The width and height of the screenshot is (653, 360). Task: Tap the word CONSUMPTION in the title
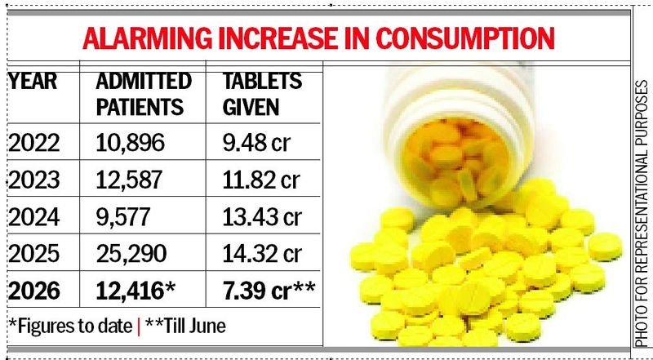[464, 38]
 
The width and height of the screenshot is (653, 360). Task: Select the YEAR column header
[33, 82]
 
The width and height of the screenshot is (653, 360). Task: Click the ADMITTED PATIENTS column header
[144, 94]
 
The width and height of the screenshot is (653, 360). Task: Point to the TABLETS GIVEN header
[262, 94]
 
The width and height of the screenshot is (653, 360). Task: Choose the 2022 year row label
[34, 144]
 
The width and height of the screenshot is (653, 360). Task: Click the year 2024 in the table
[34, 217]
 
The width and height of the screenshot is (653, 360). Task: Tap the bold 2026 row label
[34, 291]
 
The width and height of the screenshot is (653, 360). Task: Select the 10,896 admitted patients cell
[131, 144]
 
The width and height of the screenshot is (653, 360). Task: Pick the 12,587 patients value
[129, 180]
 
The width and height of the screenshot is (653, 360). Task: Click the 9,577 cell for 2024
[123, 217]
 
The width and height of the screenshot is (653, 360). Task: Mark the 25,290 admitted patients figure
[131, 254]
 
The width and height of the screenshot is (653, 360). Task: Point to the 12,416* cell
[134, 291]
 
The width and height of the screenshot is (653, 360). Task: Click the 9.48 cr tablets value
[255, 144]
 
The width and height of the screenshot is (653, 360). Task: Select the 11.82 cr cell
[260, 180]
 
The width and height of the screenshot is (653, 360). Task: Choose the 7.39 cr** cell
[269, 291]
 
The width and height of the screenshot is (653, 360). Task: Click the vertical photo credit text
[642, 213]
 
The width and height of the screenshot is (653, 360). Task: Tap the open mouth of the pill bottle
[455, 163]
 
